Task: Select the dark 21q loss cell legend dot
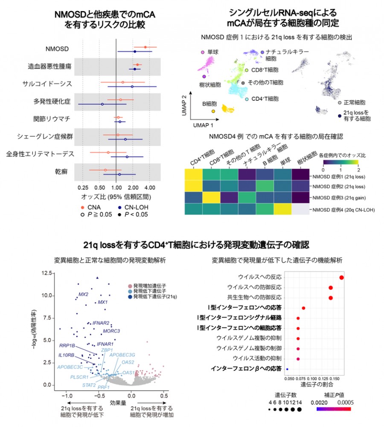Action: point(339,115)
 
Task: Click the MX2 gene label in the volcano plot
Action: point(83,294)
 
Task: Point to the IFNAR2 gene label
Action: point(101,323)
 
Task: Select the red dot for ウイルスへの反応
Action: point(342,278)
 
